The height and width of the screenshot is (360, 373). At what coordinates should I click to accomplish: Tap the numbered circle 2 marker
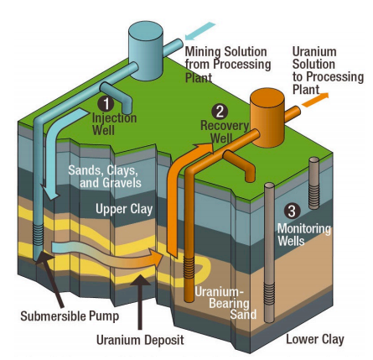pyautogui.click(x=220, y=111)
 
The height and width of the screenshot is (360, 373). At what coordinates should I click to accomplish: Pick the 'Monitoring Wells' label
pyautogui.click(x=304, y=234)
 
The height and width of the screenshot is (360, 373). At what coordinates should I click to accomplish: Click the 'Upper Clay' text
pyautogui.click(x=123, y=209)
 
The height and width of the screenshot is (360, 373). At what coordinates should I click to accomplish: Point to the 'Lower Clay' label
pyautogui.click(x=314, y=339)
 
